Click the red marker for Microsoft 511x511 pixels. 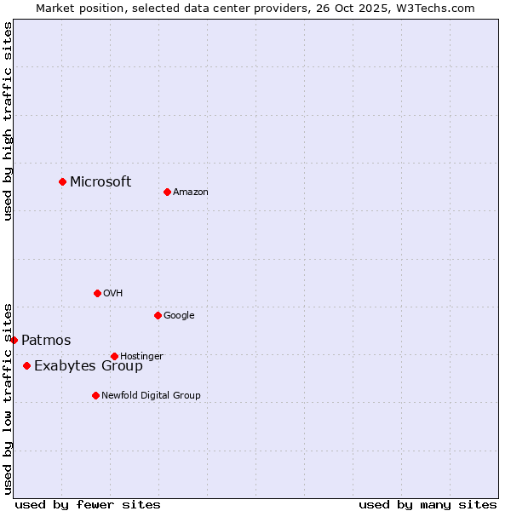click(x=62, y=181)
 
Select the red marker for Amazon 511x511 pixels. click(x=167, y=192)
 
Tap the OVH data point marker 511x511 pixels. click(x=97, y=293)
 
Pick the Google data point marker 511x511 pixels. click(x=158, y=315)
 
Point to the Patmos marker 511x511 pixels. click(x=14, y=340)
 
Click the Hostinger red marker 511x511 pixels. click(x=114, y=356)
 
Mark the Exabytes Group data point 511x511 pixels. click(x=26, y=365)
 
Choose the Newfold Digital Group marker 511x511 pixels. click(x=95, y=395)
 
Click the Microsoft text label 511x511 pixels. click(x=100, y=181)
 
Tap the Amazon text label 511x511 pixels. click(x=191, y=192)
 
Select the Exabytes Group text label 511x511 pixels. click(x=89, y=366)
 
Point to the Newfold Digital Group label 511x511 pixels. click(x=151, y=395)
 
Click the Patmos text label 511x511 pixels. click(x=46, y=341)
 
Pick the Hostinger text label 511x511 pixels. click(x=141, y=356)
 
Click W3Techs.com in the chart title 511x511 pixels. click(x=439, y=9)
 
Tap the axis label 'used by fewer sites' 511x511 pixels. click(x=88, y=504)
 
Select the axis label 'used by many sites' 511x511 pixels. click(x=428, y=504)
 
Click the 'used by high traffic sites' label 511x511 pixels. click(x=9, y=121)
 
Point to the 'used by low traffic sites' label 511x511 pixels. click(x=9, y=399)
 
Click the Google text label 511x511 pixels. click(x=179, y=316)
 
